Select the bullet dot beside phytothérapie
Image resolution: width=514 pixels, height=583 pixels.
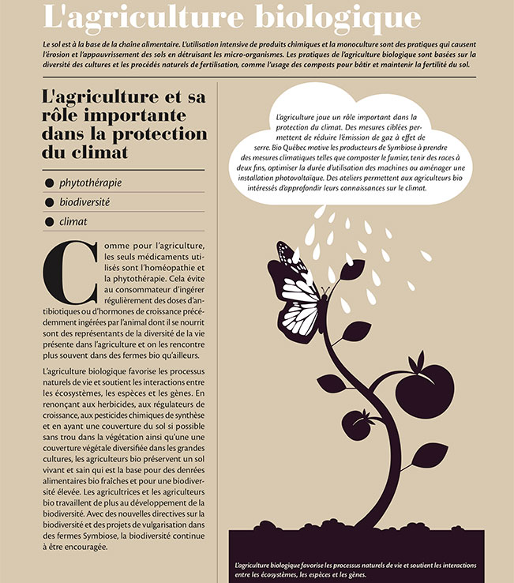[49, 183]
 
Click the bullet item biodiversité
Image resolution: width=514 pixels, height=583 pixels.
[84, 202]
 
